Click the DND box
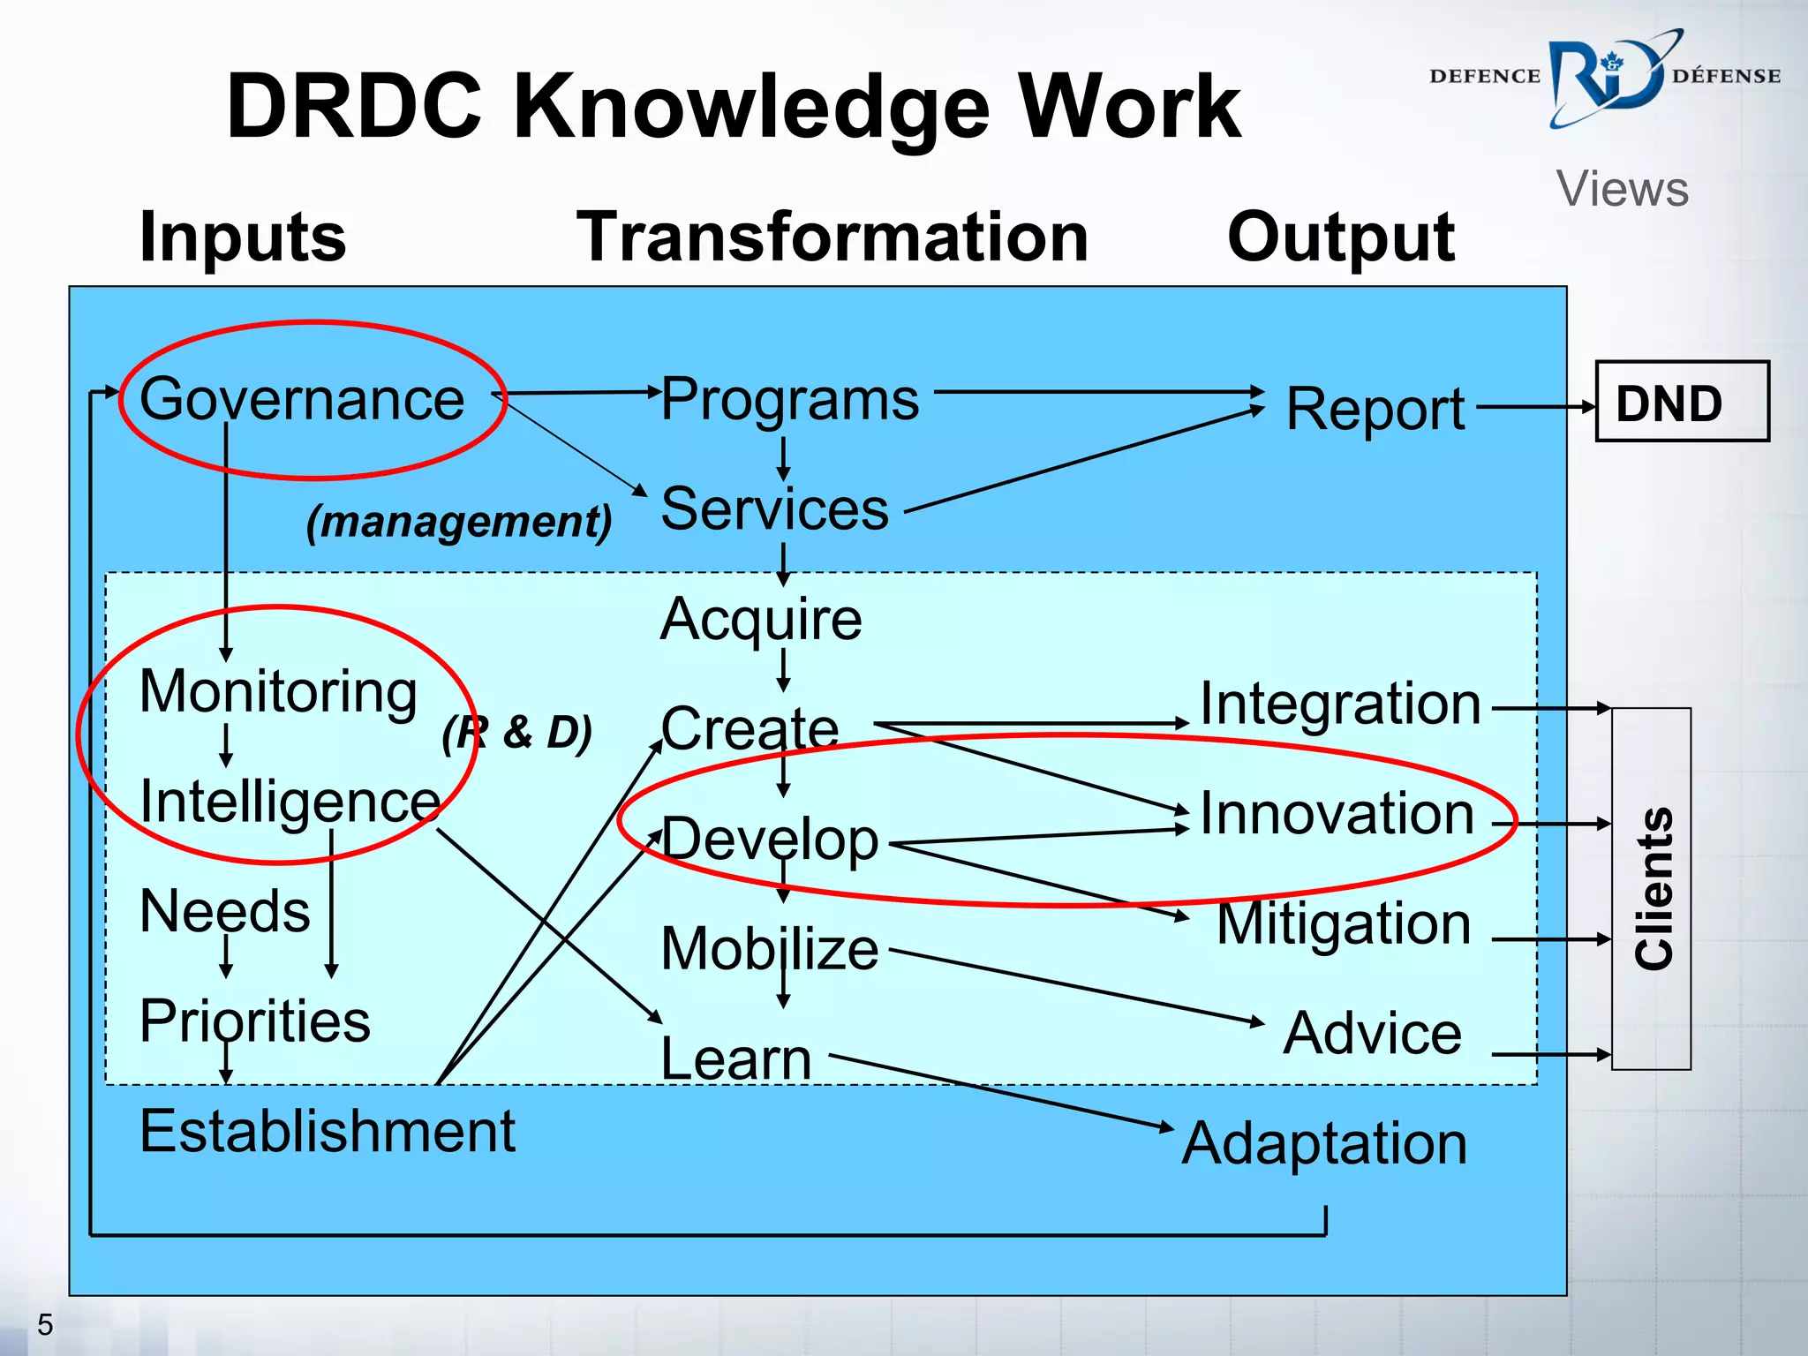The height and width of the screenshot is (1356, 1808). (1682, 402)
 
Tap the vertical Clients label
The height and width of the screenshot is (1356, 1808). (1653, 888)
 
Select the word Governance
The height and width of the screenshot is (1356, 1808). (302, 399)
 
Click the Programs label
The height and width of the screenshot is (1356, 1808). (790, 399)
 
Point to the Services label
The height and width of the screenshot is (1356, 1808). (774, 509)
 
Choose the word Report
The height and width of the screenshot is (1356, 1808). (1375, 409)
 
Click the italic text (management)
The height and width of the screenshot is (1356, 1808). (459, 521)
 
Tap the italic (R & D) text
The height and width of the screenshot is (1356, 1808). (517, 733)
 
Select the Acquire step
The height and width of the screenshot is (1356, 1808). (761, 619)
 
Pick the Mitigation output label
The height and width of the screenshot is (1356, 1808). (1344, 923)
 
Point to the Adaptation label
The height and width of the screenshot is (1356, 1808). (1324, 1143)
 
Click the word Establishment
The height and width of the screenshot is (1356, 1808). (328, 1131)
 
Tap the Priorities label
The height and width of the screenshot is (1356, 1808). (255, 1021)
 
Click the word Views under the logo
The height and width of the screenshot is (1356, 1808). (1623, 189)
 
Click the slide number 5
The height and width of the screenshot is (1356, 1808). (45, 1324)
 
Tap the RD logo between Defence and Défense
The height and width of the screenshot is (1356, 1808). (1605, 79)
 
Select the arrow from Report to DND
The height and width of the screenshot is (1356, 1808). (1534, 407)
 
